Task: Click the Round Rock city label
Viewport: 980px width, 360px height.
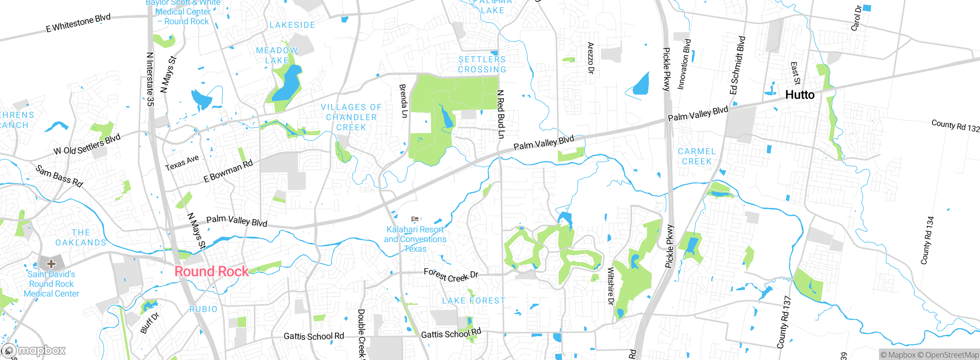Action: [x=211, y=272]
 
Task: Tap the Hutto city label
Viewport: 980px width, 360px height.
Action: [x=799, y=95]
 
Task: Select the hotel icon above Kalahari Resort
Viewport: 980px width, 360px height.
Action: [x=415, y=219]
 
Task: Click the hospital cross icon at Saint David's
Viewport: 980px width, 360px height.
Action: [x=51, y=263]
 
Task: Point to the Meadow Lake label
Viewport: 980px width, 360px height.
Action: [x=277, y=56]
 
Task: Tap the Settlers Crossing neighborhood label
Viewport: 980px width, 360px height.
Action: [x=482, y=64]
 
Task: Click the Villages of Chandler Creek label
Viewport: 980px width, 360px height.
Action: [x=351, y=117]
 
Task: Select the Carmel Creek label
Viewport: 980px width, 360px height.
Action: [x=696, y=156]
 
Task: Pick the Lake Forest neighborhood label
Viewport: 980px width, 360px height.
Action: [x=474, y=301]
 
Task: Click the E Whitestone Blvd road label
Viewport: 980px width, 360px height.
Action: [x=78, y=23]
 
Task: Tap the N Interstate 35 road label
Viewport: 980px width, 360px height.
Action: [x=150, y=79]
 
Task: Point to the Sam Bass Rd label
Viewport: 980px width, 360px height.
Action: [x=59, y=176]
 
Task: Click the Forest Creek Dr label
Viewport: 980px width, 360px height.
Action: [x=451, y=275]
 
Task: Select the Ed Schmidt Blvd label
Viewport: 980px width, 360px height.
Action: [x=737, y=65]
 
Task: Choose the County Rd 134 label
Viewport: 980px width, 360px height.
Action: [x=927, y=241]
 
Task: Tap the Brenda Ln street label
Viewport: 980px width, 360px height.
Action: [x=403, y=101]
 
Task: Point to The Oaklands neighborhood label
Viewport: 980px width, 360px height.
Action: [x=81, y=237]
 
